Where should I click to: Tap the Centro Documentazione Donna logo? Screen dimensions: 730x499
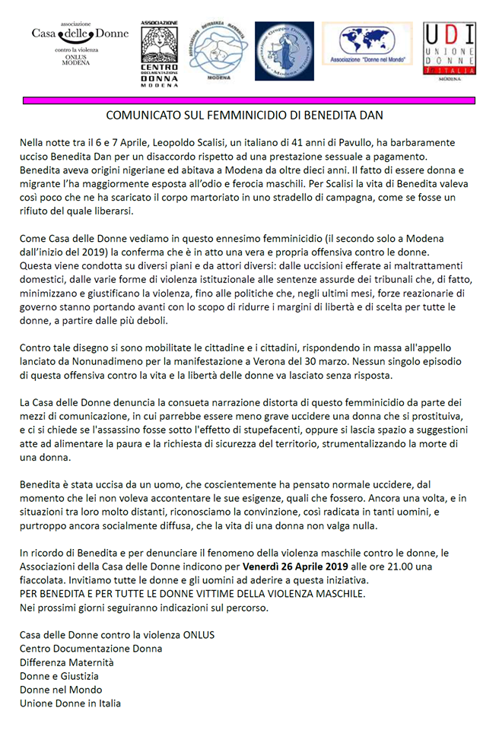159,54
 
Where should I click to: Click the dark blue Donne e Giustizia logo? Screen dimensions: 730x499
283,51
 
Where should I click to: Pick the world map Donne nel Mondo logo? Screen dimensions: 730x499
367,46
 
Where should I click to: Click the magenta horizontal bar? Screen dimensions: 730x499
249,100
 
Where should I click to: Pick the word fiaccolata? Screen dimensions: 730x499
45,579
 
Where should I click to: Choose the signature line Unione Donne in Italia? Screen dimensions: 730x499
70,703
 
